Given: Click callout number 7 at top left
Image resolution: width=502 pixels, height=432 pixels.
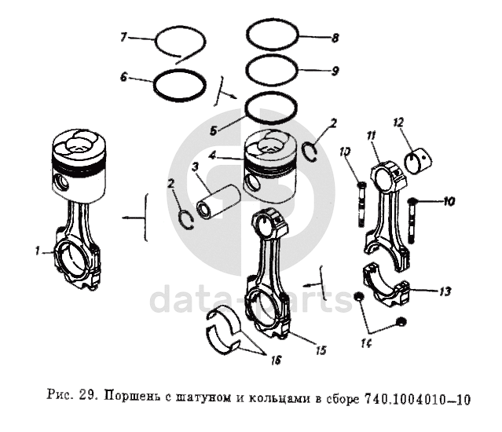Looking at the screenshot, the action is coord(123,37).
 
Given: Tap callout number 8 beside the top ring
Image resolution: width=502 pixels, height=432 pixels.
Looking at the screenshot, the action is coord(335,37).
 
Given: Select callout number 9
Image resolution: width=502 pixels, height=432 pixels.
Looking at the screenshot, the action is coord(335,71).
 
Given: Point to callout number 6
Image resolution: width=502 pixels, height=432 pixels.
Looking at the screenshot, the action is coord(123,77).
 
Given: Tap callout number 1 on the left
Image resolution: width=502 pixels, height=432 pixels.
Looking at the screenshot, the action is coord(36,251).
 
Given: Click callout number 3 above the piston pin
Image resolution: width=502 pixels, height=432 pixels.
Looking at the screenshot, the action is coord(194,167).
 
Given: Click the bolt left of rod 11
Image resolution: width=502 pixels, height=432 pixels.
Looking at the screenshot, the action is coord(360,203).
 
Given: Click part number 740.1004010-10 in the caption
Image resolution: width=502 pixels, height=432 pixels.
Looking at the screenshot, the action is coord(417,400).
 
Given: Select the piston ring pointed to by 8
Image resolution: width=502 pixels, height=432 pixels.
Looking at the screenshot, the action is coord(273,35).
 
